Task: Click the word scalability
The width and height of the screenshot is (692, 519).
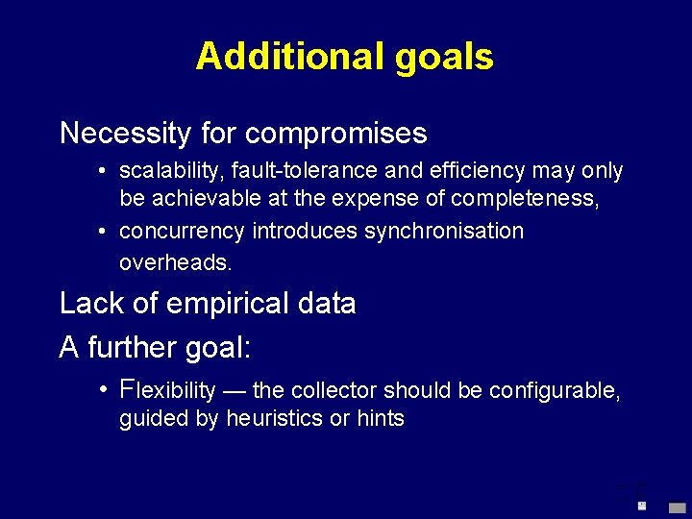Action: click(x=163, y=171)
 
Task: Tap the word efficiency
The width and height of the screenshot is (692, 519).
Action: click(x=457, y=171)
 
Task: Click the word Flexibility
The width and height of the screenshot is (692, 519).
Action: click(x=168, y=389)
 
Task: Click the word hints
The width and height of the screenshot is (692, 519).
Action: click(x=382, y=419)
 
